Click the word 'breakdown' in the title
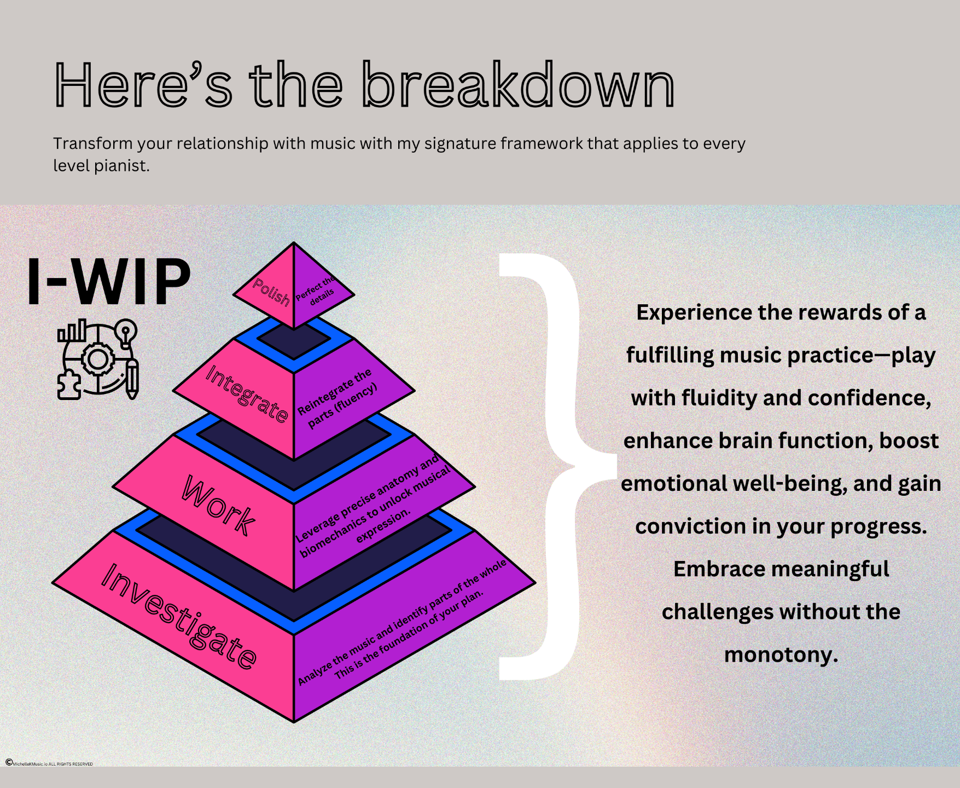tap(518, 86)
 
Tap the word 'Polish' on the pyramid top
tap(271, 292)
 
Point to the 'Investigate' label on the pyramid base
tap(179, 616)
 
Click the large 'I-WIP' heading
tap(109, 281)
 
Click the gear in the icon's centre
tap(98, 360)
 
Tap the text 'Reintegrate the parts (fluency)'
tap(338, 398)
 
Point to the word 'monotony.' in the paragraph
tap(781, 654)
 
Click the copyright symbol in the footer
tap(9, 762)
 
